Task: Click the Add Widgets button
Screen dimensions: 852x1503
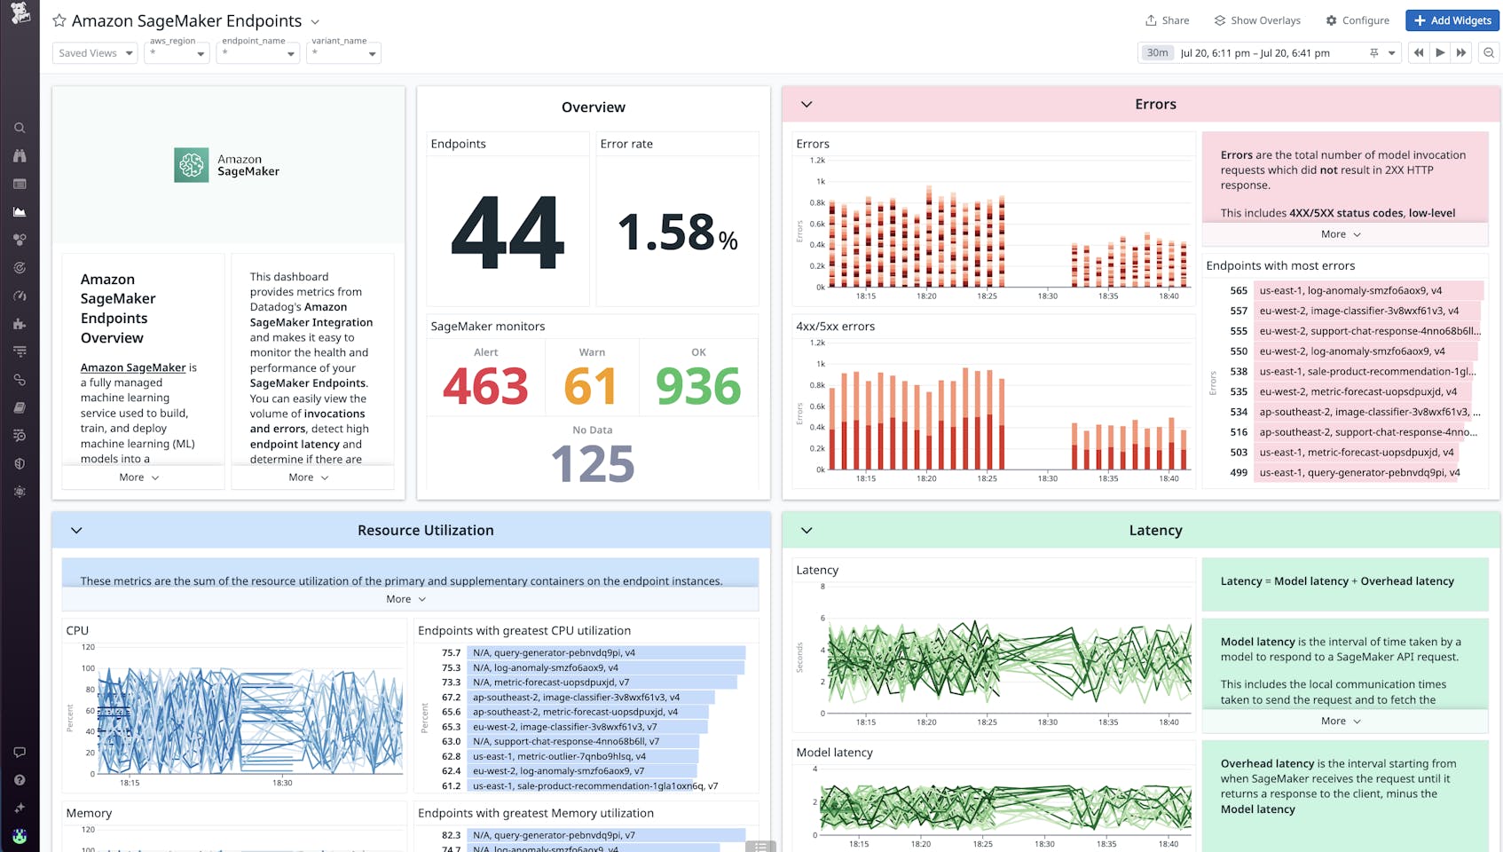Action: coord(1452,20)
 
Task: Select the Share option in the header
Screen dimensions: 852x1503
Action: coord(1167,20)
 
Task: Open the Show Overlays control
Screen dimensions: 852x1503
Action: coord(1257,20)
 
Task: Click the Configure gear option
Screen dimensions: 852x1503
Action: coord(1357,20)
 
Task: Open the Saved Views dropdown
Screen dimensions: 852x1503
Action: coord(95,53)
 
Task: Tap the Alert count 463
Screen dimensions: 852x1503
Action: coord(485,386)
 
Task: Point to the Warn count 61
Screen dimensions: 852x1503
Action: coord(591,386)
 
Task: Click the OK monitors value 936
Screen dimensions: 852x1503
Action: coord(698,386)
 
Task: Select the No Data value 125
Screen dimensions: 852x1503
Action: coord(593,463)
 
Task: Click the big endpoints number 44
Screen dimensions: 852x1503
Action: coord(508,233)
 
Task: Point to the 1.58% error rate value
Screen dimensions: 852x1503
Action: coord(677,233)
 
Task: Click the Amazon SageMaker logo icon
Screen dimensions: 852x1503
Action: coord(191,165)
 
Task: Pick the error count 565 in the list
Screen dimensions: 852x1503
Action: coord(1239,290)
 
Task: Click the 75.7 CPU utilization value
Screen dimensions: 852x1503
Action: coord(452,652)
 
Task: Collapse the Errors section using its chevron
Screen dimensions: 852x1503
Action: coord(807,104)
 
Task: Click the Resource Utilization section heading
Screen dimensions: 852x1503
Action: coord(425,530)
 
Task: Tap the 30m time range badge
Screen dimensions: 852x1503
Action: coord(1157,53)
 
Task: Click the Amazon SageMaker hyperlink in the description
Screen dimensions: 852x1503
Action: coord(133,367)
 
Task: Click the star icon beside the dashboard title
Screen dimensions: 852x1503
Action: coord(59,20)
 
